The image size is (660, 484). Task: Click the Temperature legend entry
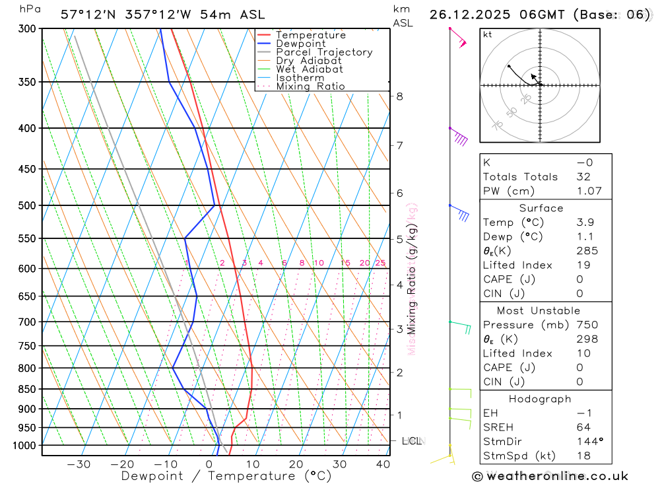pyautogui.click(x=310, y=35)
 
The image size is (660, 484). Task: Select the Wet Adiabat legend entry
pyautogui.click(x=309, y=69)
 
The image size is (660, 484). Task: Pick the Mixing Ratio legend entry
pyautogui.click(x=310, y=86)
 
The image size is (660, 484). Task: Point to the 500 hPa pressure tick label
pyautogui.click(x=28, y=205)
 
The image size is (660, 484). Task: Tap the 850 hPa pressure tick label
pyautogui.click(x=28, y=389)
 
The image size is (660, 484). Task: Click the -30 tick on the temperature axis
pyautogui.click(x=79, y=464)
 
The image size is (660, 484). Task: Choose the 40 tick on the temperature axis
pyautogui.click(x=383, y=464)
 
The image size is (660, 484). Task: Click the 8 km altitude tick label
pyautogui.click(x=399, y=96)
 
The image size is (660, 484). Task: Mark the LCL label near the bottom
pyautogui.click(x=411, y=440)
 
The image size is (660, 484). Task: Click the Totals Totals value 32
pyautogui.click(x=583, y=177)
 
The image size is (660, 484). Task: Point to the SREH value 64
pyautogui.click(x=583, y=427)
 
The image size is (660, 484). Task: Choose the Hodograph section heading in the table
pyautogui.click(x=540, y=399)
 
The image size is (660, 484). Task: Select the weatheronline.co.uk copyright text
pyautogui.click(x=550, y=476)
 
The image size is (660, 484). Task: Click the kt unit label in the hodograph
pyautogui.click(x=488, y=34)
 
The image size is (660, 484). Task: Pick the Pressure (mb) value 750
pyautogui.click(x=586, y=325)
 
